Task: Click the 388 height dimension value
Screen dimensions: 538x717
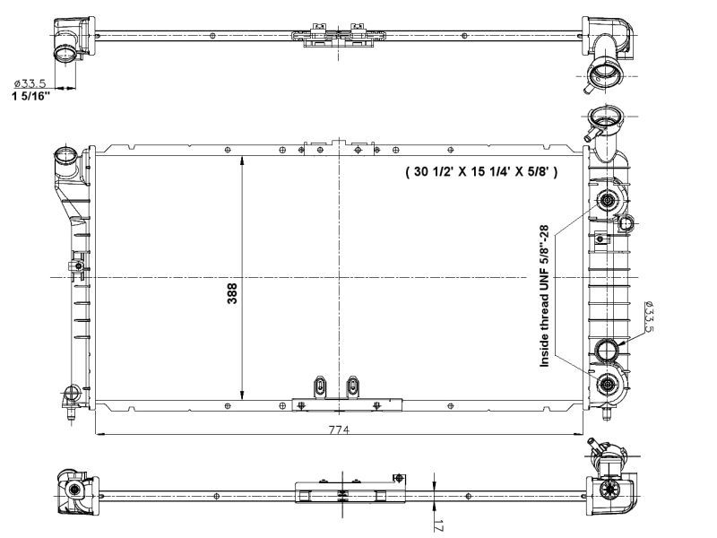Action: tap(232, 295)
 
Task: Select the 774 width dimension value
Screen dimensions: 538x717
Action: tap(338, 430)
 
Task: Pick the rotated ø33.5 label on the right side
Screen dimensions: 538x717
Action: tap(649, 317)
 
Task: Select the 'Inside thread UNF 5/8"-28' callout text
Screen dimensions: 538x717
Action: tap(544, 297)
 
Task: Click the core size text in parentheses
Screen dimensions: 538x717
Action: tap(480, 171)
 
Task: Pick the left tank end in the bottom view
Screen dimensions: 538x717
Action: tap(74, 491)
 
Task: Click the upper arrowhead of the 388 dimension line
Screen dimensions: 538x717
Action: tap(242, 160)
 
